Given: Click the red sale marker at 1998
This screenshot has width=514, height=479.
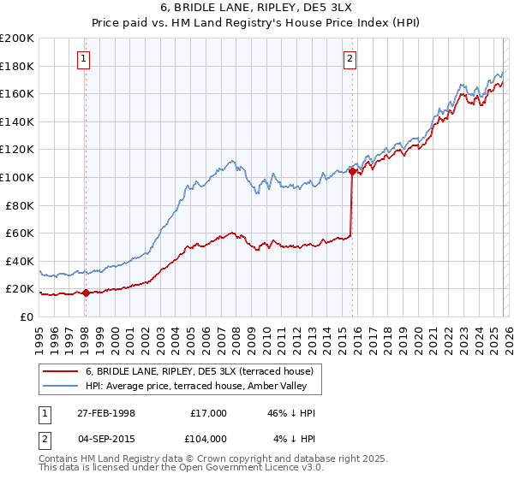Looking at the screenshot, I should (86, 293).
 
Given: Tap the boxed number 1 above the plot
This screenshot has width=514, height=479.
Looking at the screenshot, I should (84, 59).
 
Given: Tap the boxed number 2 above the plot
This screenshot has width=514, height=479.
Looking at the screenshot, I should (350, 59).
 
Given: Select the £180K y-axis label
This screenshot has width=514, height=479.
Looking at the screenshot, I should (17, 66).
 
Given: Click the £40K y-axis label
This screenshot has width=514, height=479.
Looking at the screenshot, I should (20, 261).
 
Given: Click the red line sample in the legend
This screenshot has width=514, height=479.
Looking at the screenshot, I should (61, 371).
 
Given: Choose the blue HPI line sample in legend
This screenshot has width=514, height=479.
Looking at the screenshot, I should (61, 386).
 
